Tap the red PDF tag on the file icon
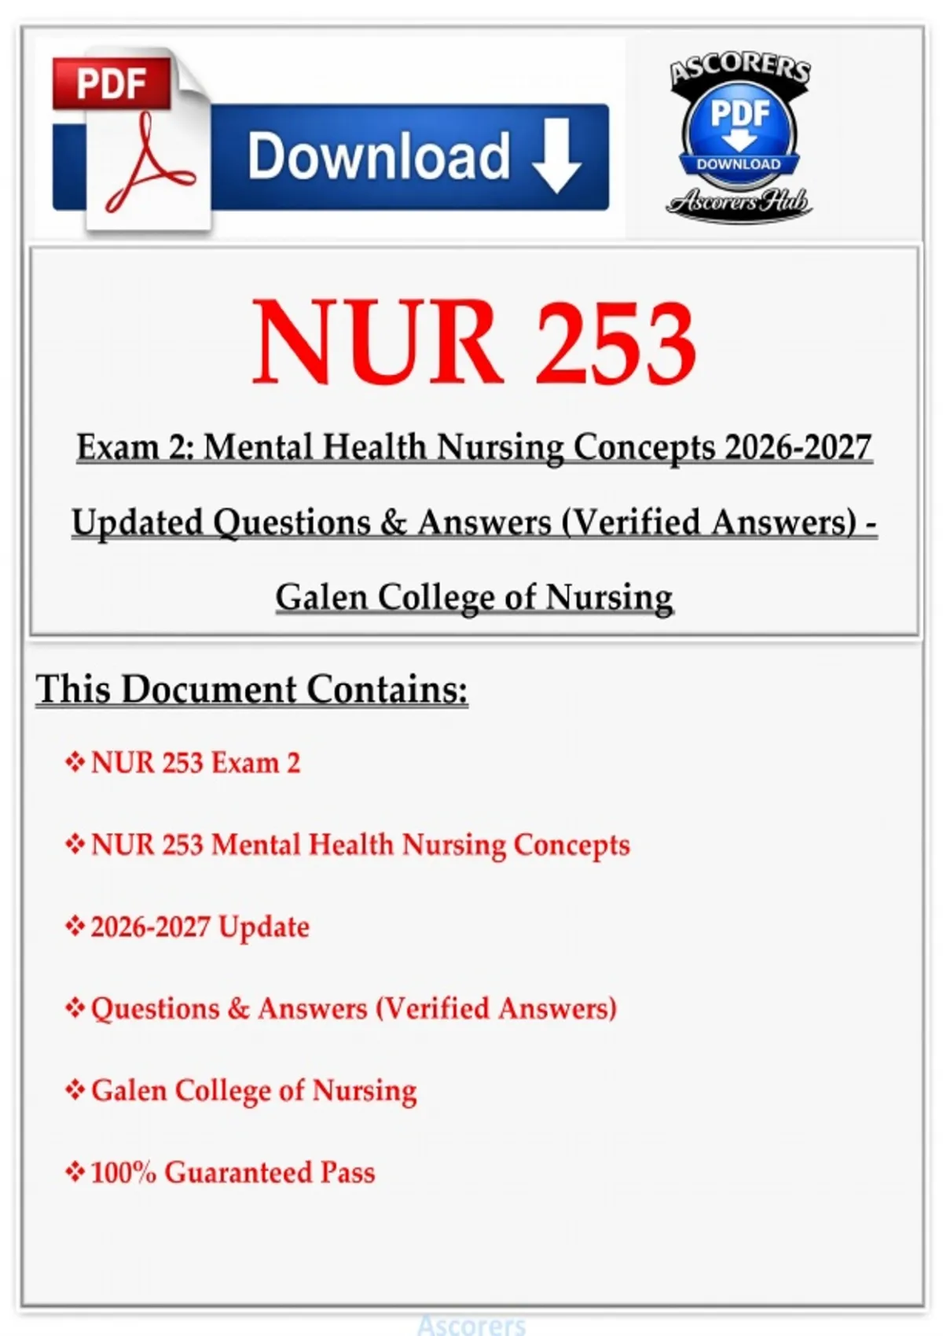click(x=112, y=83)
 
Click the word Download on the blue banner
click(x=379, y=156)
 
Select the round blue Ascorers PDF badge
click(x=739, y=130)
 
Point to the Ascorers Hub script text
click(x=739, y=203)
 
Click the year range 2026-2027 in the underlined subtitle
click(x=798, y=447)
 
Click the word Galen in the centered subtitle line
click(x=321, y=597)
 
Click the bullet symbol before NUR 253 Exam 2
click(x=75, y=762)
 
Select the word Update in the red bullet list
click(x=263, y=927)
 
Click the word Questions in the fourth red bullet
click(x=155, y=1009)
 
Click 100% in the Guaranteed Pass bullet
click(x=123, y=1173)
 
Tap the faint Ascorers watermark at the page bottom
click(x=472, y=1326)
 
